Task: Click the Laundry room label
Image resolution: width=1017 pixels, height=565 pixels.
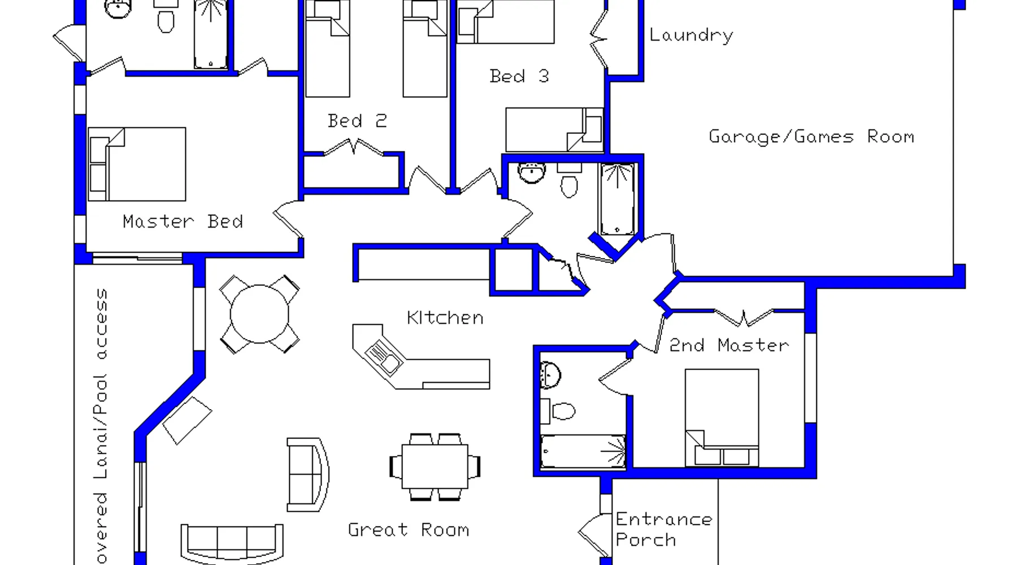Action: (x=691, y=35)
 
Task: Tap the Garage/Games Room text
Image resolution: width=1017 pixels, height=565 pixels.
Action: (x=811, y=137)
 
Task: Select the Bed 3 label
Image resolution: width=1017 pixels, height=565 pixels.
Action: (x=519, y=76)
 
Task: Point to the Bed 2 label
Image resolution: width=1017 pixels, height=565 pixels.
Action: (x=357, y=121)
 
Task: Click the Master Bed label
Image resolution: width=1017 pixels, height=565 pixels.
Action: (x=182, y=221)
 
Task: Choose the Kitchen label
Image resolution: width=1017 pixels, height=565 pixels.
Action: (x=445, y=318)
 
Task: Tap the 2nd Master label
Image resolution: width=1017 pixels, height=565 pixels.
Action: (x=729, y=345)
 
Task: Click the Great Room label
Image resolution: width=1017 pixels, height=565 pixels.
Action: (x=408, y=530)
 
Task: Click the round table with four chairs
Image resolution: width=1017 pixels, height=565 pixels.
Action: (x=259, y=314)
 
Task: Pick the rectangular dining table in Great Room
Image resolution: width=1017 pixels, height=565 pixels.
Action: (x=434, y=467)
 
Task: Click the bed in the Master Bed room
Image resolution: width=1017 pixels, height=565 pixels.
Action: (x=137, y=164)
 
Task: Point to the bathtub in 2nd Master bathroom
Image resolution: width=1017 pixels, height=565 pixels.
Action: (x=583, y=451)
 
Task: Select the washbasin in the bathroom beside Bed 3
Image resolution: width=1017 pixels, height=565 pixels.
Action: (x=531, y=172)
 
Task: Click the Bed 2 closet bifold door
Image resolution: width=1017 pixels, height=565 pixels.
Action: (x=354, y=147)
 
